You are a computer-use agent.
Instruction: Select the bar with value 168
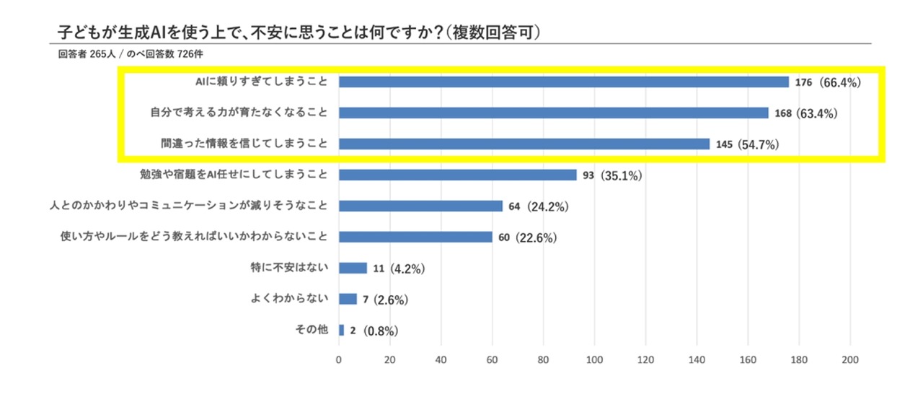tap(554, 113)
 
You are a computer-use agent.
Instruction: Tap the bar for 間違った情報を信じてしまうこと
tap(524, 144)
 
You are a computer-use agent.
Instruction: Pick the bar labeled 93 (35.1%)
tap(458, 175)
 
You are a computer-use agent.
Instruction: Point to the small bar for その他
tap(341, 330)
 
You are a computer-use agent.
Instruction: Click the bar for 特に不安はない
tap(353, 268)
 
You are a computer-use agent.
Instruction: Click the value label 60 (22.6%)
tap(527, 237)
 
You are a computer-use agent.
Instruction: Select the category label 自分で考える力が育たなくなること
tap(239, 113)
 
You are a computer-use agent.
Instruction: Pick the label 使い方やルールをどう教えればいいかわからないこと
tap(195, 237)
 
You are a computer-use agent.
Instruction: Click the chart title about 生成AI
tap(299, 33)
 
